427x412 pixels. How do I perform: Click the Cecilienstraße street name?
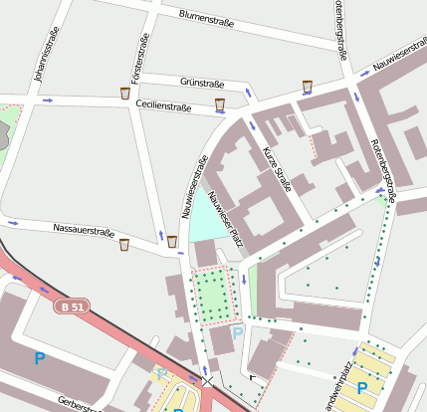click(x=164, y=105)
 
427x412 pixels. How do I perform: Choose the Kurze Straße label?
click(x=275, y=168)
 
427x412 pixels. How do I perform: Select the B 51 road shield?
click(x=70, y=308)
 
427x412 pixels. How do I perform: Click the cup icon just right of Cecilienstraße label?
click(x=219, y=103)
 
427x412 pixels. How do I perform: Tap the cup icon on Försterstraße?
click(x=124, y=94)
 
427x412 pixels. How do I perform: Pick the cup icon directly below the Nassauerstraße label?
click(x=123, y=244)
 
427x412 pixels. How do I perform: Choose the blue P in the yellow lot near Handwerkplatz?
click(x=362, y=388)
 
